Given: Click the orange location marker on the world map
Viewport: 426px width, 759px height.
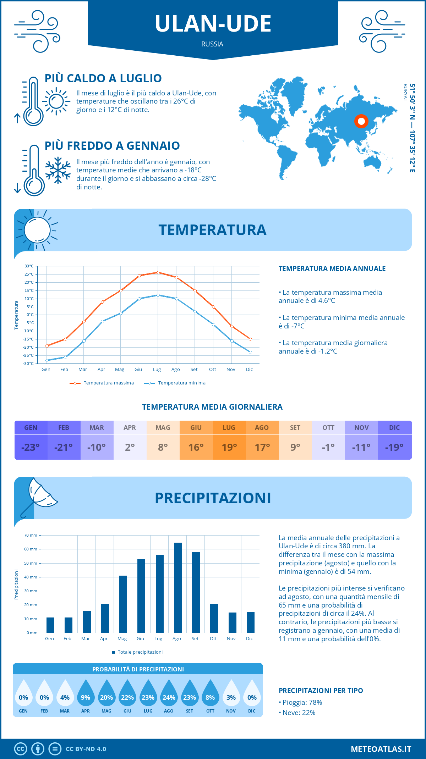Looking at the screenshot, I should tap(361, 121).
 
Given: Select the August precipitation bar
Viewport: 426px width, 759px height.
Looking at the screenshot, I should tap(177, 588).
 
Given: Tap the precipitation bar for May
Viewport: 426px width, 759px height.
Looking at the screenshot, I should tap(123, 604).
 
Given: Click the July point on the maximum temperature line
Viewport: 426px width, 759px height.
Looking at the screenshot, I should tap(158, 272).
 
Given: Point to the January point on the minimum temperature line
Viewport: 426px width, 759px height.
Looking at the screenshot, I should tap(47, 360).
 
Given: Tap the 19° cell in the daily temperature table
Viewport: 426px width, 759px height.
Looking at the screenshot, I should tap(229, 447).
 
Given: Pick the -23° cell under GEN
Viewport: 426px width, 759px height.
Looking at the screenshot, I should tap(31, 447).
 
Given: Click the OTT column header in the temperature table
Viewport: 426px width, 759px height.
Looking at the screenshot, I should tap(328, 428).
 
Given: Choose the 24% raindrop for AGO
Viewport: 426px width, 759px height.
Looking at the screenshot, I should tap(169, 693).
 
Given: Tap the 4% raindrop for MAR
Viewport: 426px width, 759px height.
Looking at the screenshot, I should tap(65, 693).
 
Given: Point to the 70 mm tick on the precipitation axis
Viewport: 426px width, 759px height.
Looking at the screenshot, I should tap(31, 535).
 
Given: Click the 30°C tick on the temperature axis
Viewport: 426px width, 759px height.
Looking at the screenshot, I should tap(29, 266).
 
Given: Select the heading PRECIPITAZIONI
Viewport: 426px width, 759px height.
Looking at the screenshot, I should tap(213, 498).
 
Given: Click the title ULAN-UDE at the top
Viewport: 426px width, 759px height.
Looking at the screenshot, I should tap(213, 24).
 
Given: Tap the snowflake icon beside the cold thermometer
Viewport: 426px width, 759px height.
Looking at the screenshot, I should tap(58, 170).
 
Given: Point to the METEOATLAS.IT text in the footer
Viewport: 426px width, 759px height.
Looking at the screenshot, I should tap(381, 749).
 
